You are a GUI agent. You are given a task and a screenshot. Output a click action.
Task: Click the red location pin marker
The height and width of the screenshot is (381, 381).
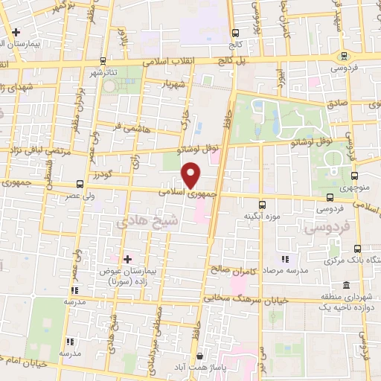[192, 176]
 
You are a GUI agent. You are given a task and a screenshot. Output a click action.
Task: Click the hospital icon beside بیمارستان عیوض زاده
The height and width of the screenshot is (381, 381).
[128, 259]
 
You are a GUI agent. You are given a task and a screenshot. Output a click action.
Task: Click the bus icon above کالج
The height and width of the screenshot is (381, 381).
[236, 33]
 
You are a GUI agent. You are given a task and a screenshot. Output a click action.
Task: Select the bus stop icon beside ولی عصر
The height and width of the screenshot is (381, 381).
[80, 184]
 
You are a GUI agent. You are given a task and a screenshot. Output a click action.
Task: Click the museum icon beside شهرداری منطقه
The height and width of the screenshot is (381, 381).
[348, 286]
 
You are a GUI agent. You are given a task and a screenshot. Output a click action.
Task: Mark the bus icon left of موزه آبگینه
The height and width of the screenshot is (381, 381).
[261, 203]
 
